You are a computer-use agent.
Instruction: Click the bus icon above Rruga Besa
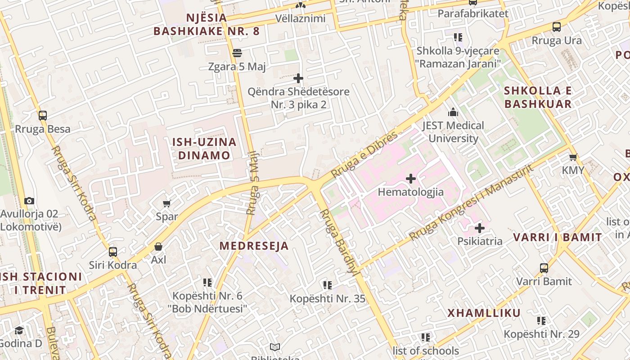pyautogui.click(x=43, y=116)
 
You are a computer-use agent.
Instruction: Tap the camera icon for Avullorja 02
pyautogui.click(x=29, y=201)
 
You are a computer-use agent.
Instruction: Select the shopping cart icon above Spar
pyautogui.click(x=167, y=203)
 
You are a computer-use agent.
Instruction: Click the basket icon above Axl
pyautogui.click(x=158, y=247)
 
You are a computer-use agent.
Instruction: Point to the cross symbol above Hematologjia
pyautogui.click(x=410, y=179)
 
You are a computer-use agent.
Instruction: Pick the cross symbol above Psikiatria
pyautogui.click(x=480, y=228)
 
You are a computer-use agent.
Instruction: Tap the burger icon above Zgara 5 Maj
pyautogui.click(x=237, y=53)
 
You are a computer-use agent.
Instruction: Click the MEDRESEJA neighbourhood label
pyautogui.click(x=254, y=246)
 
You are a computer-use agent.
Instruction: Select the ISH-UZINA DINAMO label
pyautogui.click(x=204, y=149)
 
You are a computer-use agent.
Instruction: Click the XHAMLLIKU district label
pyautogui.click(x=484, y=313)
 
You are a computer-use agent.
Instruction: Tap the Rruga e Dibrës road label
pyautogui.click(x=365, y=154)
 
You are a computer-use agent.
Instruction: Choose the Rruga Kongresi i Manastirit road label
pyautogui.click(x=471, y=203)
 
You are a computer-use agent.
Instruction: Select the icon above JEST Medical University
pyautogui.click(x=453, y=112)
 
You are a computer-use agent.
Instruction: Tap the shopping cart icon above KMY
pyautogui.click(x=573, y=157)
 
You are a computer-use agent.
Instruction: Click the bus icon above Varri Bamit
pyautogui.click(x=544, y=268)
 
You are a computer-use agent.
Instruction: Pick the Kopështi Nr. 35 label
pyautogui.click(x=327, y=298)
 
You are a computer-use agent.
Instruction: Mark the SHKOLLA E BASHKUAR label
pyautogui.click(x=538, y=97)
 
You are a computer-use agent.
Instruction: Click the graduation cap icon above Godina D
pyautogui.click(x=19, y=331)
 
